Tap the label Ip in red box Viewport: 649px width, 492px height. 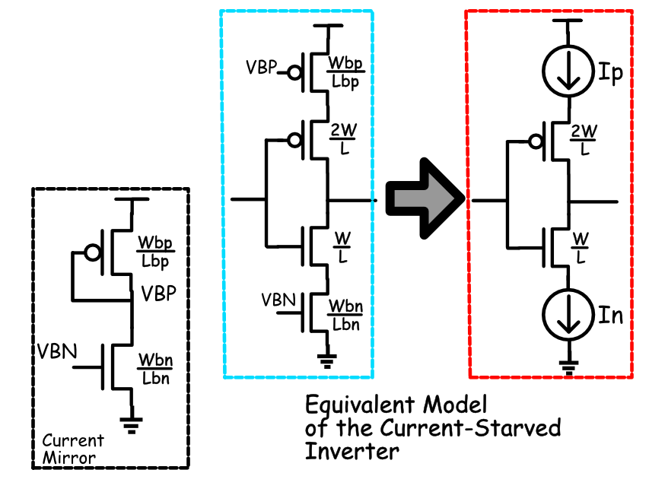(610, 75)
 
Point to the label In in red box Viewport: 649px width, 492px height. (610, 314)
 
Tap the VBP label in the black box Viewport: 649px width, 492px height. (157, 294)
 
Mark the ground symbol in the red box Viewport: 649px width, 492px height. (566, 365)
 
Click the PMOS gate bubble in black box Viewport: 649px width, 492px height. (93, 253)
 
